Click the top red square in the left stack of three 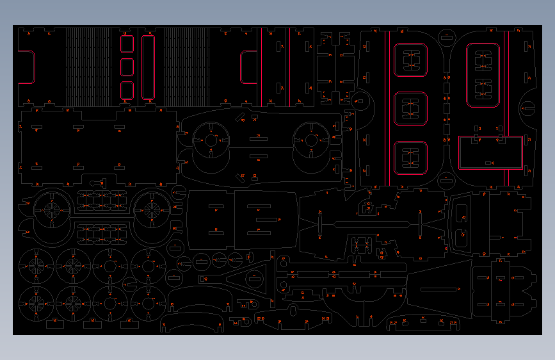(127, 44)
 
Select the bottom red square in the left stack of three (127, 90)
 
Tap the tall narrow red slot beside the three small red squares (148, 67)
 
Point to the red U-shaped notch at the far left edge (28, 67)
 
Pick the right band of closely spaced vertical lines (186, 67)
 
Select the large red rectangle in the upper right (490, 152)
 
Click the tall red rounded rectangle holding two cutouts (483, 75)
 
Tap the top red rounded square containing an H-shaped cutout (410, 60)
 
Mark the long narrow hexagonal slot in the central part (371, 224)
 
